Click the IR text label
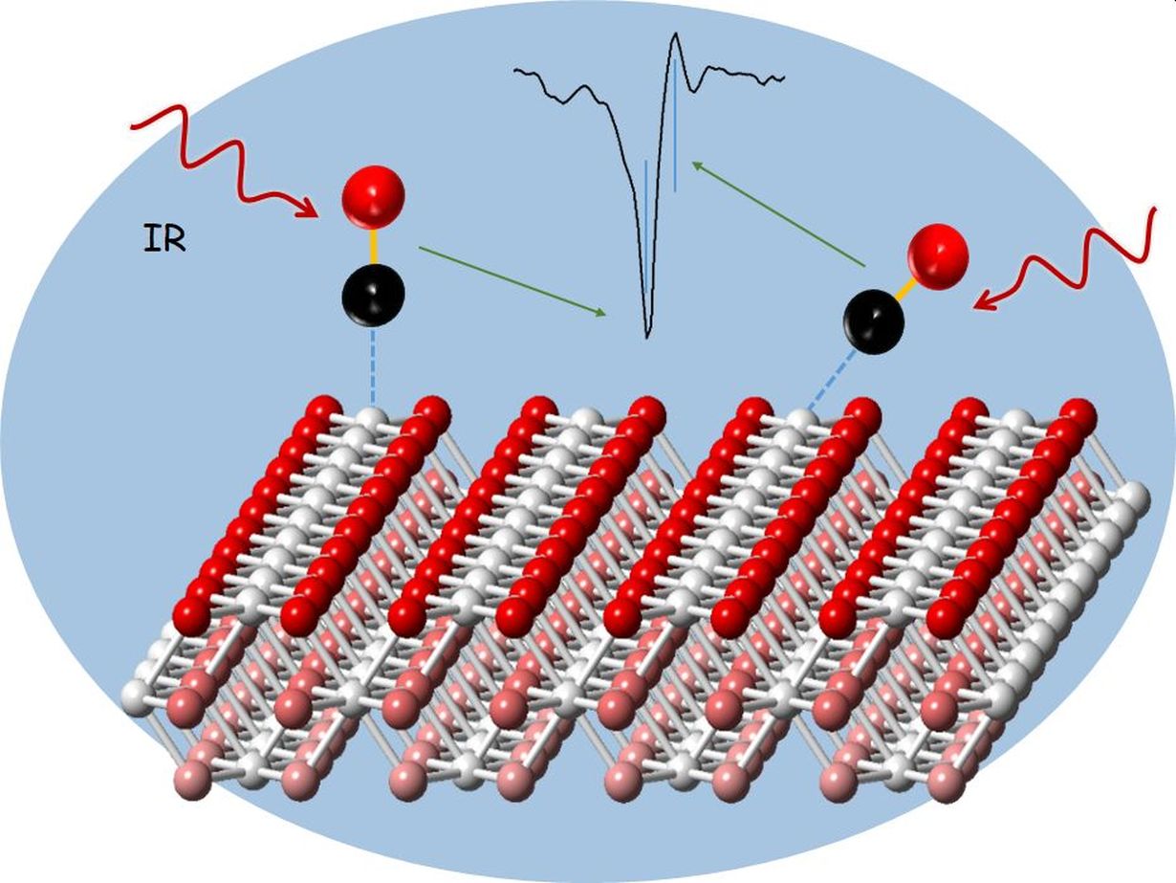(x=164, y=238)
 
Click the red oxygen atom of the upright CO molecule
(x=373, y=197)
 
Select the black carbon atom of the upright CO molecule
(x=373, y=296)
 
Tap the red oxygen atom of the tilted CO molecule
(x=938, y=254)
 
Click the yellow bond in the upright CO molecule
(x=373, y=246)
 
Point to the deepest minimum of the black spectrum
(x=648, y=336)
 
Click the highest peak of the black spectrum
(x=675, y=35)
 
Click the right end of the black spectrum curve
(x=783, y=77)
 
